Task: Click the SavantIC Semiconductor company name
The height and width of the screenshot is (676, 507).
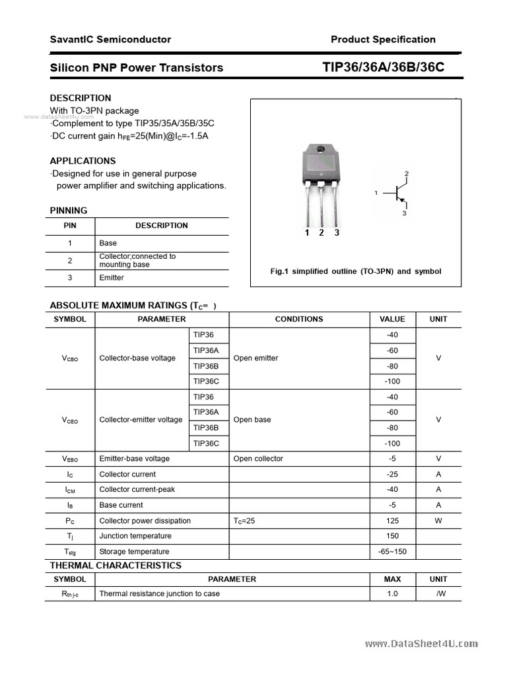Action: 110,40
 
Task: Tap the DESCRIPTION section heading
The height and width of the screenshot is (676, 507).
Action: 81,98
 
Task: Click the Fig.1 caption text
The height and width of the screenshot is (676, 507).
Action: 356,271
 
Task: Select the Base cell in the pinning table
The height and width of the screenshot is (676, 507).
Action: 108,243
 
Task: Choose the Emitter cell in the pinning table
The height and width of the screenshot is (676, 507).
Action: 111,278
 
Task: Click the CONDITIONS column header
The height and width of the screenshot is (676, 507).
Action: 298,319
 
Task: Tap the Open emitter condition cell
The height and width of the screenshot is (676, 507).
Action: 255,358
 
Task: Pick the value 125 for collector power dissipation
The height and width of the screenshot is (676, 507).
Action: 392,521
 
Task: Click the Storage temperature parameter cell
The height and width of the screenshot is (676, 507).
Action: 134,551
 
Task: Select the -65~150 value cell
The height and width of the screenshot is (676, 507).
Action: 392,551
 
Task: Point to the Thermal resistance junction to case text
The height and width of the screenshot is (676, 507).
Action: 159,593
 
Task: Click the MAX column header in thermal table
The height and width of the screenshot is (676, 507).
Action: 392,579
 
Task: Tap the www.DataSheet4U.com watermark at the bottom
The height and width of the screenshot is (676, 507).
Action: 421,644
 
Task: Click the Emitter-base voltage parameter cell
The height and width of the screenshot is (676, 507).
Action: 134,459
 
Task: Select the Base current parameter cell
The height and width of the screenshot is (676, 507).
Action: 121,505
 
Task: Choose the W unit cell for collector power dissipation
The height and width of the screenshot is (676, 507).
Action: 438,521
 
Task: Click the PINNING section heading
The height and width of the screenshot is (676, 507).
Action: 69,211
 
